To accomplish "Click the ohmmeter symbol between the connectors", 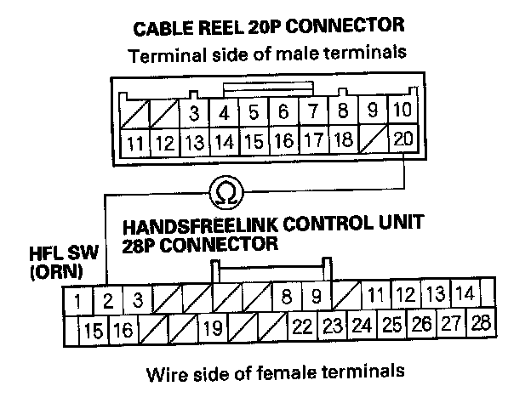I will (x=226, y=194).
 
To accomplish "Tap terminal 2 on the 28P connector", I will (x=108, y=300).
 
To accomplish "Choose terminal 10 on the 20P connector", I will (x=403, y=111).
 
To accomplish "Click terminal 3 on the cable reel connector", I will (x=194, y=112).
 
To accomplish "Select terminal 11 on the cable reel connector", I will (x=134, y=141).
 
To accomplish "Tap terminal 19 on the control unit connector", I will (x=214, y=327).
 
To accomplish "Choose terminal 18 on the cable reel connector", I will (x=343, y=139).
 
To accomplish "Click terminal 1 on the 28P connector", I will (x=77, y=300).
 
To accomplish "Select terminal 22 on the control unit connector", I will (x=302, y=326).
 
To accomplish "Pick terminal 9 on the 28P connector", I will (x=316, y=298).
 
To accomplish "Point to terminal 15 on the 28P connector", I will (x=93, y=328).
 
